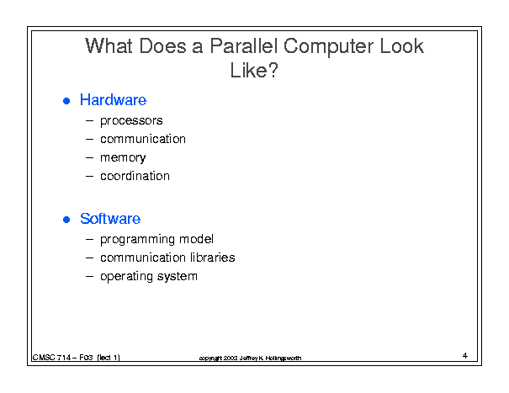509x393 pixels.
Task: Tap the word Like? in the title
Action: pyautogui.click(x=254, y=70)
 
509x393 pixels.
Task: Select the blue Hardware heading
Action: pyautogui.click(x=113, y=99)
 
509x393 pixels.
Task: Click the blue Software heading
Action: pyautogui.click(x=110, y=219)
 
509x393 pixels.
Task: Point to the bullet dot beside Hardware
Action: pyautogui.click(x=66, y=101)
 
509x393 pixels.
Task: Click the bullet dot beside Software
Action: pyautogui.click(x=66, y=220)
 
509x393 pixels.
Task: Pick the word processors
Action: pyautogui.click(x=131, y=121)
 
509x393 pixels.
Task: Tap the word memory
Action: pyautogui.click(x=123, y=158)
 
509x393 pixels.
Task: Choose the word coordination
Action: pyautogui.click(x=135, y=176)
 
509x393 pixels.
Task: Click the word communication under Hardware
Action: pyautogui.click(x=143, y=139)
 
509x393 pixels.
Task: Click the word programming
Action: pyautogui.click(x=137, y=240)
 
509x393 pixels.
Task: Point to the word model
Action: pyautogui.click(x=196, y=239)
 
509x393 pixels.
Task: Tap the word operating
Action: pyautogui.click(x=126, y=277)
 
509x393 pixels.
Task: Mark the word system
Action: pyautogui.click(x=178, y=276)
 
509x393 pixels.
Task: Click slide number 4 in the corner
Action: pyautogui.click(x=465, y=356)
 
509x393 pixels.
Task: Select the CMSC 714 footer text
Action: pyautogui.click(x=77, y=358)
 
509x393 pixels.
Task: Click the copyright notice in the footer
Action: pyautogui.click(x=250, y=358)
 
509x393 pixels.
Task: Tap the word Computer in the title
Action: pyautogui.click(x=328, y=46)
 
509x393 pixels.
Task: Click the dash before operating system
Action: pyautogui.click(x=89, y=276)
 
